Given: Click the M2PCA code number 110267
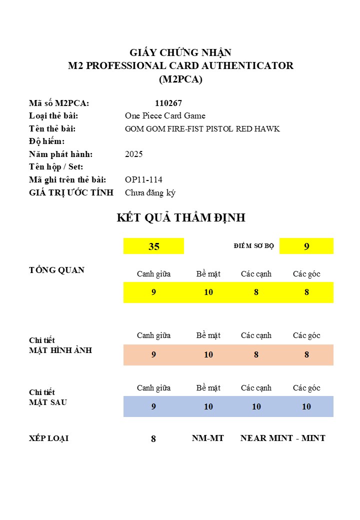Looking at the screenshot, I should pyautogui.click(x=168, y=103).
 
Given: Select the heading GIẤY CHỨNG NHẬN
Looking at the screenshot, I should pyautogui.click(x=180, y=52).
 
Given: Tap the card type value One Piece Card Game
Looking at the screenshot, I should pyautogui.click(x=165, y=116).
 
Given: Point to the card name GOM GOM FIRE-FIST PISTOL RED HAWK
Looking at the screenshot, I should pyautogui.click(x=202, y=129).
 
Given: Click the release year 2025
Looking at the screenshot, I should pyautogui.click(x=133, y=154).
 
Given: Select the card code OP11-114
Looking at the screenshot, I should pyautogui.click(x=143, y=179).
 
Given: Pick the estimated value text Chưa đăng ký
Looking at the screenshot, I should pyautogui.click(x=150, y=192).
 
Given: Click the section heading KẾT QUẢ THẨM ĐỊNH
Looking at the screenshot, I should pyautogui.click(x=180, y=218).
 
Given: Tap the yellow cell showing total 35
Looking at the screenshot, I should pyautogui.click(x=153, y=246).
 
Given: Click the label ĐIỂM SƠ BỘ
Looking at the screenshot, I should pyautogui.click(x=253, y=246).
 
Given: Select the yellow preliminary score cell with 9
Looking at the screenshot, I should pyautogui.click(x=306, y=246).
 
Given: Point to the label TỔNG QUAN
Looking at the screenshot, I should pyautogui.click(x=56, y=270).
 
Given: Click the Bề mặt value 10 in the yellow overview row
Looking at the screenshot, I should pyautogui.click(x=208, y=292).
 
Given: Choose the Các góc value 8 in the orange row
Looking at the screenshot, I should pyautogui.click(x=306, y=354).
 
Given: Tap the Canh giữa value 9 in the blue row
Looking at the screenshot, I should pyautogui.click(x=153, y=406).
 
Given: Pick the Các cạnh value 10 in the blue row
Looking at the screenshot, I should pyautogui.click(x=256, y=406).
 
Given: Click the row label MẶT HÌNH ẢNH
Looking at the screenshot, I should pyautogui.click(x=60, y=350).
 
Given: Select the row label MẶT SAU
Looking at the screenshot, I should pyautogui.click(x=48, y=402).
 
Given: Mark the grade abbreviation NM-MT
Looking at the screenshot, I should pyautogui.click(x=208, y=438).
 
